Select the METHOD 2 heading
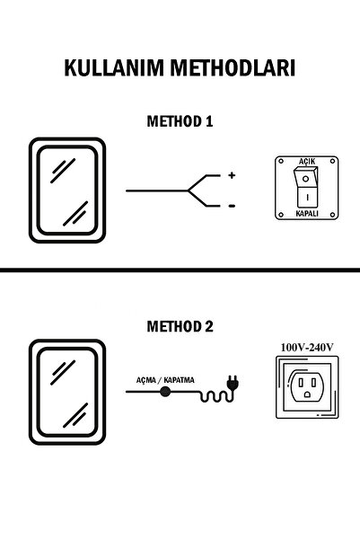click(179, 327)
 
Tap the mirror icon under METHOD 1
click(70, 191)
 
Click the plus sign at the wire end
click(231, 176)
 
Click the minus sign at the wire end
click(231, 206)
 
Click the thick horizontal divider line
click(180, 270)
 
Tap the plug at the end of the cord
click(230, 389)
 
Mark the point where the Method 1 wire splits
click(189, 191)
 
